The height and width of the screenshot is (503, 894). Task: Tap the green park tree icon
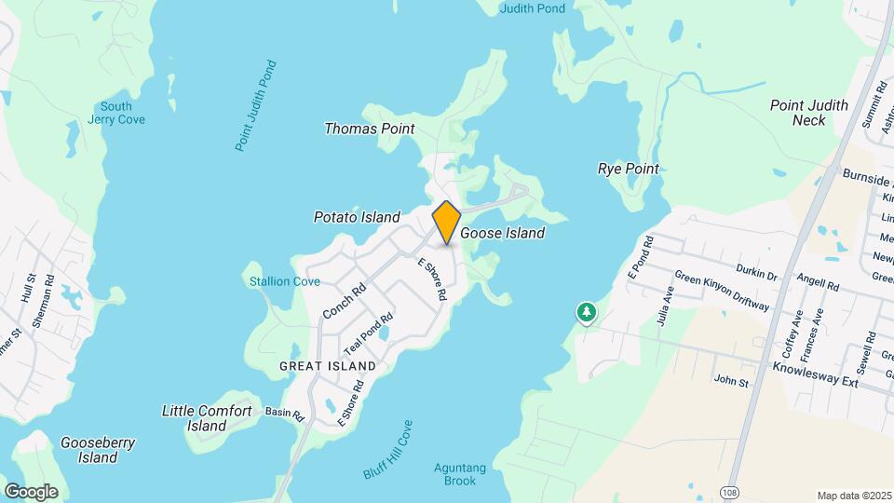pyautogui.click(x=586, y=314)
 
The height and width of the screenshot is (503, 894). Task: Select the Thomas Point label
pyautogui.click(x=369, y=129)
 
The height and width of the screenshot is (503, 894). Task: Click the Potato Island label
pyautogui.click(x=356, y=217)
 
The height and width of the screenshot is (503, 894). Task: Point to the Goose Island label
pyautogui.click(x=503, y=234)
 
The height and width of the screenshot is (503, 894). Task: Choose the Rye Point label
pyautogui.click(x=628, y=169)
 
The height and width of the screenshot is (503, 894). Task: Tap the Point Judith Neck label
pyautogui.click(x=809, y=113)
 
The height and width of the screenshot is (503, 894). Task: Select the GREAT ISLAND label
pyautogui.click(x=328, y=366)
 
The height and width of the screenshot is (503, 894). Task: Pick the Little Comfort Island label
pyautogui.click(x=207, y=418)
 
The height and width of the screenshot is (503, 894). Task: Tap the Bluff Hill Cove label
pyautogui.click(x=387, y=449)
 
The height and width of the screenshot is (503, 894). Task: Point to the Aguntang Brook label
pyautogui.click(x=454, y=474)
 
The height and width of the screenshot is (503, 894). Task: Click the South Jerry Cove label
pyautogui.click(x=116, y=113)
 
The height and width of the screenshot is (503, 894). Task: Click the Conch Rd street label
pyautogui.click(x=344, y=301)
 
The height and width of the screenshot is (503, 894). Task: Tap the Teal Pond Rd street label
pyautogui.click(x=369, y=333)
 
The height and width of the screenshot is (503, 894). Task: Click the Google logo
pyautogui.click(x=31, y=491)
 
